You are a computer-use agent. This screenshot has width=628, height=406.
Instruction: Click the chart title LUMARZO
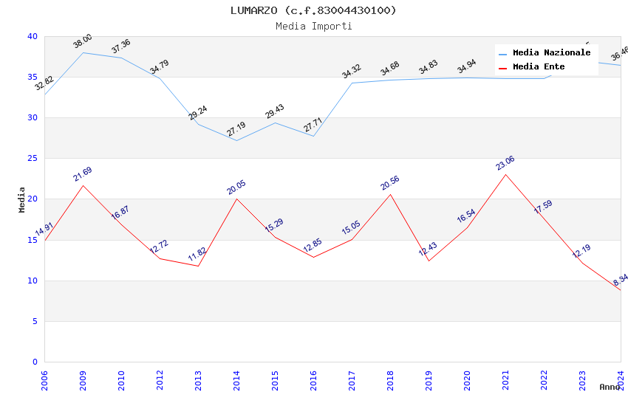pos(313,10)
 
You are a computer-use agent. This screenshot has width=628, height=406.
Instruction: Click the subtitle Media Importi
pos(313,26)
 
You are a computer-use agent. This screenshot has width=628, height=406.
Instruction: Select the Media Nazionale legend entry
pos(551,53)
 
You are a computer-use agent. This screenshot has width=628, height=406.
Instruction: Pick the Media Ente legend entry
pos(539,67)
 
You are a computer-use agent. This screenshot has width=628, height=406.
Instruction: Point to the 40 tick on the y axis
pos(33,37)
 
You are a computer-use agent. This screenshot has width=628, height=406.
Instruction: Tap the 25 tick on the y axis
pos(33,159)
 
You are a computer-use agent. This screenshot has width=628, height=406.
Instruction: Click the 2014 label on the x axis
pos(236,379)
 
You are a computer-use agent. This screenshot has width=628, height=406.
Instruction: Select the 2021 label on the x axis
pos(505,379)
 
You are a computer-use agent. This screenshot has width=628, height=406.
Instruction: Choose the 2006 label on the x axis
pos(44,379)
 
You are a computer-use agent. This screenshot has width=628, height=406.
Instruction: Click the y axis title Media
pos(22,199)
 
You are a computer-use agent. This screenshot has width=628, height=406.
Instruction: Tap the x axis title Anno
pos(610,387)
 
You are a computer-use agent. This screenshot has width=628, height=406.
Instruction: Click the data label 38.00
pos(83,41)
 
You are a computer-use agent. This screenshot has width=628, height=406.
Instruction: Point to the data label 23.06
pos(505,163)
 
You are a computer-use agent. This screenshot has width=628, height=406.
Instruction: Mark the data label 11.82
pos(197,255)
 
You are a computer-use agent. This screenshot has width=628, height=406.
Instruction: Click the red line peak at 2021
pos(505,174)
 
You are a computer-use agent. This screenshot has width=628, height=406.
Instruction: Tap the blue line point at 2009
pos(83,52)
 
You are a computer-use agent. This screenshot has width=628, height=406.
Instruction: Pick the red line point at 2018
pos(390,194)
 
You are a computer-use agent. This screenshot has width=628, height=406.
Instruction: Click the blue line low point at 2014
pos(236,140)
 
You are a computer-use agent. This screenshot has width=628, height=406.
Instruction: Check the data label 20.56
pos(390,183)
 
